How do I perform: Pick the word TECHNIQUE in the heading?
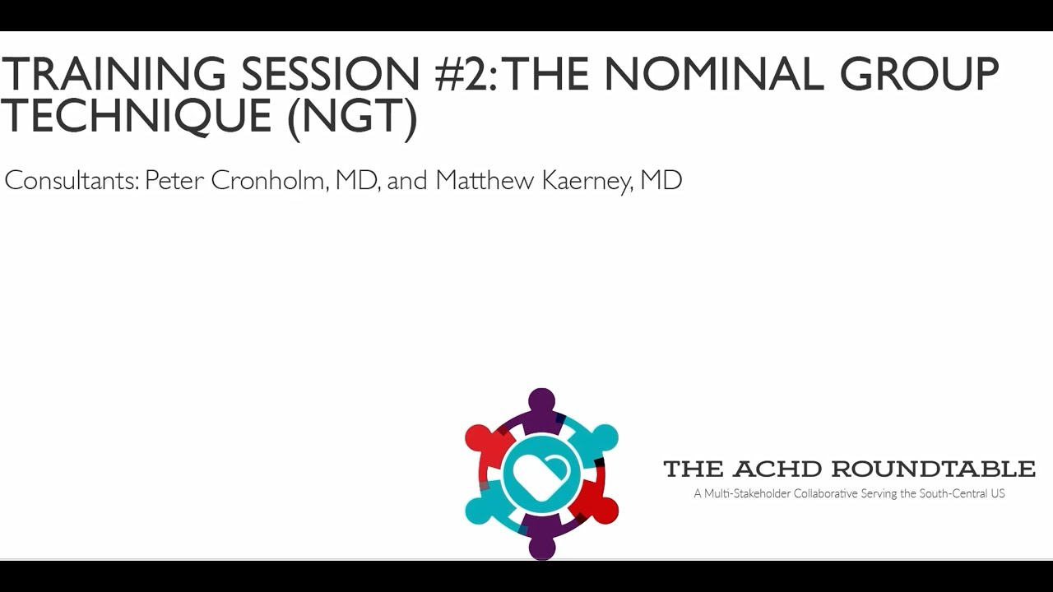tap(137, 117)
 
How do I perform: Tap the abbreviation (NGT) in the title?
tap(352, 117)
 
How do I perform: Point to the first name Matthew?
tap(485, 181)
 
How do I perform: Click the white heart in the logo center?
tap(540, 475)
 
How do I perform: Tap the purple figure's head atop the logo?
tap(541, 400)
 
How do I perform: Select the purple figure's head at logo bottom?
tap(541, 547)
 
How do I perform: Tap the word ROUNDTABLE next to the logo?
tap(933, 469)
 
